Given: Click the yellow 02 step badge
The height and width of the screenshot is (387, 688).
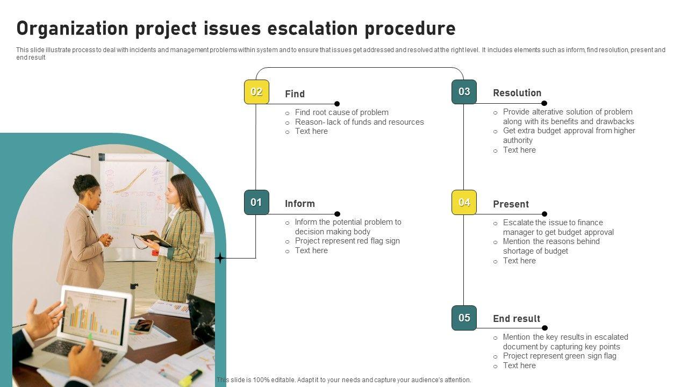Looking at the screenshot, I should (x=256, y=92).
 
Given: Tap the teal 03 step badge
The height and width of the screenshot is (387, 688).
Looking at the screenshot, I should (x=464, y=92).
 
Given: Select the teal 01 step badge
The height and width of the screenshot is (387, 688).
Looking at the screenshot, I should (x=256, y=203).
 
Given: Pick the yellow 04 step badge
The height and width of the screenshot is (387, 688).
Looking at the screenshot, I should (x=464, y=203).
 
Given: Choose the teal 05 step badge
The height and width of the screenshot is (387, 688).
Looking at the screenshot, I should (x=464, y=318).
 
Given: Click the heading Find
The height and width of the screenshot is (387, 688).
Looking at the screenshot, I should (x=295, y=94).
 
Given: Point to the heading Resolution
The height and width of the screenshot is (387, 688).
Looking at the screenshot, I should (x=517, y=93).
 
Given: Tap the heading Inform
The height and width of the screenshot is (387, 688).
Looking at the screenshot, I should (x=300, y=204).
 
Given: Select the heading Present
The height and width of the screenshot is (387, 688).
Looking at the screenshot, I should (x=511, y=204).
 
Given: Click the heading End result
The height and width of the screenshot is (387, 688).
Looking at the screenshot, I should (x=517, y=319).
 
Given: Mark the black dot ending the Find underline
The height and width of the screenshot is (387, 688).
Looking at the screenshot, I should (x=337, y=104).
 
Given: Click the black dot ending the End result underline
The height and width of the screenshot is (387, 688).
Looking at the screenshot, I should (x=544, y=328).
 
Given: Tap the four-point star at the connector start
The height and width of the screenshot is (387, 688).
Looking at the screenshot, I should (x=220, y=259).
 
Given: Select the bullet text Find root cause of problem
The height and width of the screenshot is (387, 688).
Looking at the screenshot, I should (x=341, y=112).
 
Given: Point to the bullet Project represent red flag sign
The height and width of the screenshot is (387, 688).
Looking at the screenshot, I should (x=347, y=241).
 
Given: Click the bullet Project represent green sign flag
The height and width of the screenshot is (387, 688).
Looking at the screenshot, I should (x=560, y=356).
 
